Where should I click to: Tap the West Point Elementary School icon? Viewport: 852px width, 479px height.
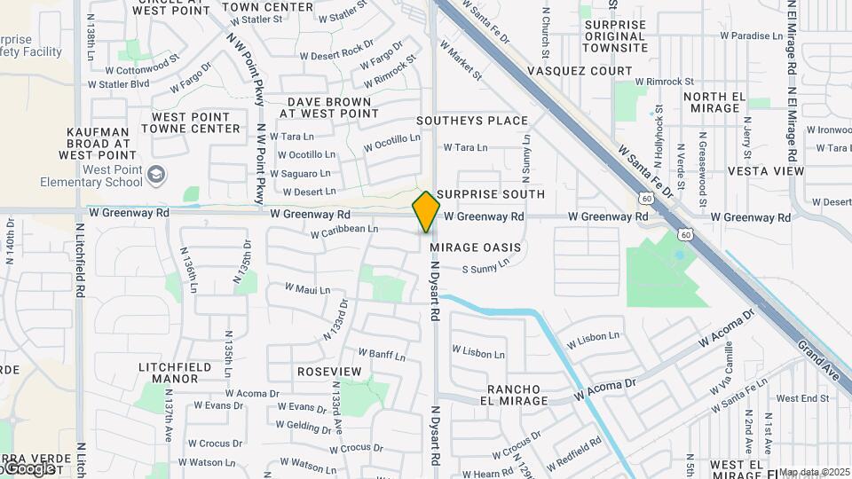tap(157, 174)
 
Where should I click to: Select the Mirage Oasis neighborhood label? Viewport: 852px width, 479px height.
tap(475, 247)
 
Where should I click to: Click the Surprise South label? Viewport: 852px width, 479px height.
tap(491, 194)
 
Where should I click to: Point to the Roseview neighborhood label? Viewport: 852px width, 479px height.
tap(329, 371)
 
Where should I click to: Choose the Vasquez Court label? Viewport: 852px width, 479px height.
tap(580, 71)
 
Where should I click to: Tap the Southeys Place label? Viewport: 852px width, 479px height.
tap(472, 121)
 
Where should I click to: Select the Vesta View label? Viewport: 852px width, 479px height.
tap(765, 171)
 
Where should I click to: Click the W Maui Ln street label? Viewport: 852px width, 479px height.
tap(307, 289)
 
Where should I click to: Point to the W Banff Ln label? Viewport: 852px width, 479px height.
tap(383, 356)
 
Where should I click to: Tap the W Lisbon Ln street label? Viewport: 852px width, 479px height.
tap(482, 353)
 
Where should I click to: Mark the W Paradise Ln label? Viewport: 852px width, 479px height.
tap(751, 36)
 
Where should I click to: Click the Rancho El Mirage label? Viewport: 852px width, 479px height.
tap(517, 396)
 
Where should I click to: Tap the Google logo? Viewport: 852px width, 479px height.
tap(27, 468)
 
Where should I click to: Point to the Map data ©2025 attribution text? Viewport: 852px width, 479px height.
tap(814, 472)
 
